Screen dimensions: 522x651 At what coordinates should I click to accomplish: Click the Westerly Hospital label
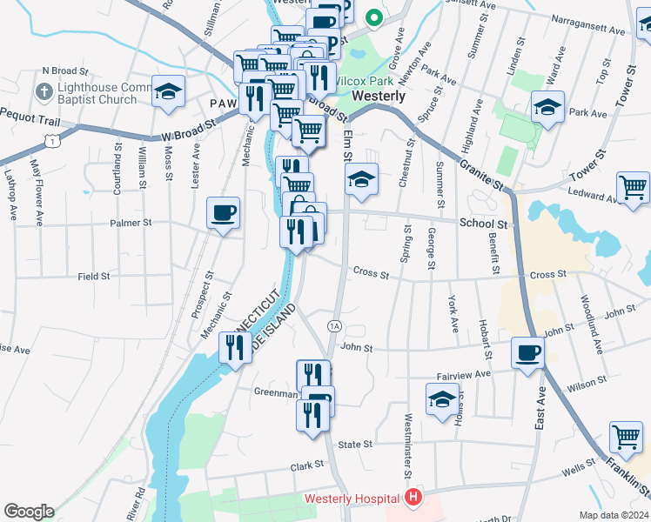pos(352,499)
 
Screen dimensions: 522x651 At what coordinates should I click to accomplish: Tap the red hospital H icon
pos(413,499)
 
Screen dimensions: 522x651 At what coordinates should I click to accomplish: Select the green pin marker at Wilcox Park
pos(374,17)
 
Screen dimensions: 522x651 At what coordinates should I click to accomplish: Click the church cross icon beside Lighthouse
pos(43,91)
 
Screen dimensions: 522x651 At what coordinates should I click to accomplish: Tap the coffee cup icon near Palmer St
pos(224,213)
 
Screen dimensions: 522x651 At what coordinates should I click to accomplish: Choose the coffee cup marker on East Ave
pos(527,353)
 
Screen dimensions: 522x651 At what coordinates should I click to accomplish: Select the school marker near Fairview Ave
pos(442,400)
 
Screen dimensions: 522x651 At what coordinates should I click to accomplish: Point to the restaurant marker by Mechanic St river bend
pos(234,349)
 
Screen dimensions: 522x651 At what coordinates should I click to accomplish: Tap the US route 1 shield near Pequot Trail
pos(54,140)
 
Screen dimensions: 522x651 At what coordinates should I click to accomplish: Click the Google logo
pos(29,512)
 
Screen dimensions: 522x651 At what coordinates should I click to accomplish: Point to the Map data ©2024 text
pos(614,515)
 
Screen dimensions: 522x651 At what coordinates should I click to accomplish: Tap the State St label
pos(355,445)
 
